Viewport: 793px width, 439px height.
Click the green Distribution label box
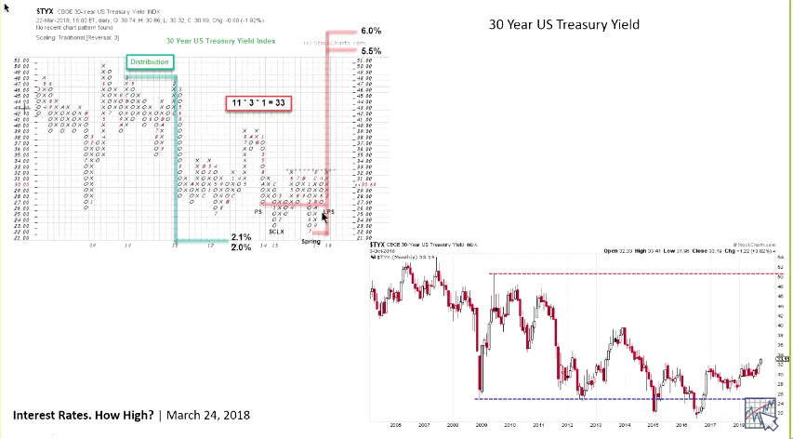pos(150,62)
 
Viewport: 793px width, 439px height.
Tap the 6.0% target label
pos(371,31)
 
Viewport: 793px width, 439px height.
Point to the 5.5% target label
pos(371,50)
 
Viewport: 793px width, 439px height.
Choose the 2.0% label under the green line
pos(241,248)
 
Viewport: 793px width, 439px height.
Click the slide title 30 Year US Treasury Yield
pos(564,25)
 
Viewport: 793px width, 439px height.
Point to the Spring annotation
pos(311,242)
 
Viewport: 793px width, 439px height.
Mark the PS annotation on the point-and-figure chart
pos(258,211)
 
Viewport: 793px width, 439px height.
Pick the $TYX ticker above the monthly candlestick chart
pos(379,245)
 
